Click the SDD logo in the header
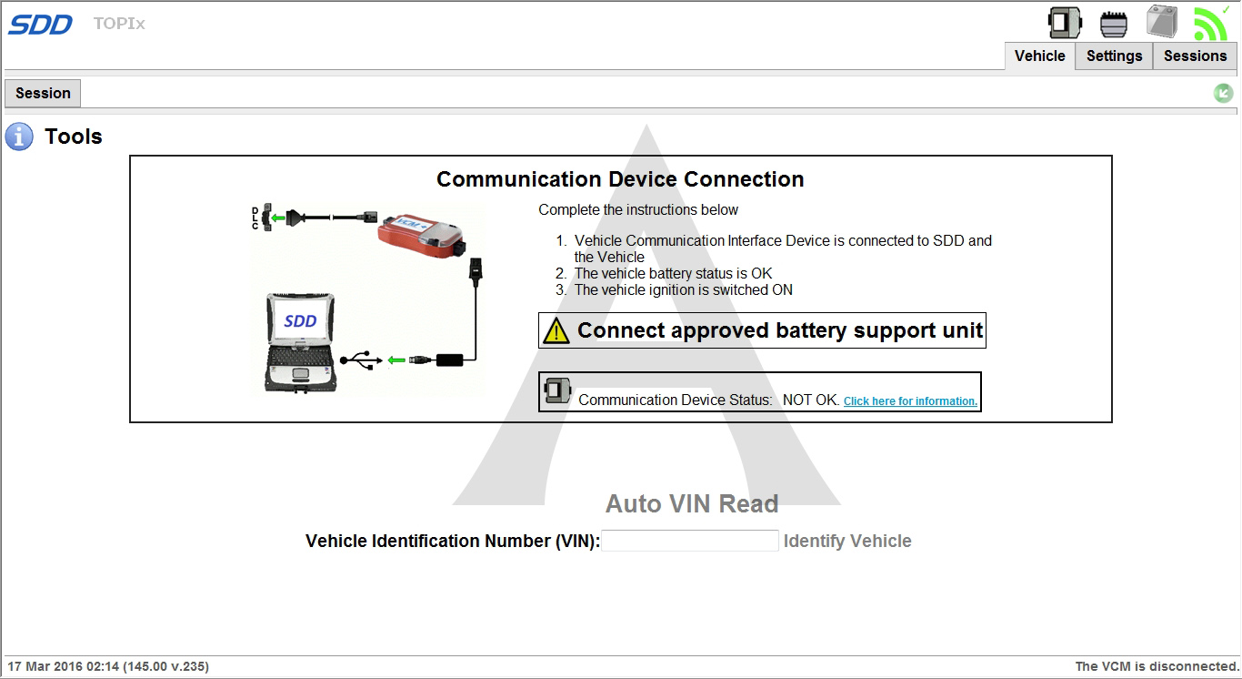coord(40,25)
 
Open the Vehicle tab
coord(1039,56)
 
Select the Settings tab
coord(1114,56)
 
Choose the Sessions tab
coord(1195,56)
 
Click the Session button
coord(43,93)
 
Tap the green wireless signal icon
coord(1210,23)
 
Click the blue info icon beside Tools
coord(19,137)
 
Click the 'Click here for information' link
coord(910,401)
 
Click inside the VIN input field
coord(689,541)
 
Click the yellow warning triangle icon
coord(556,331)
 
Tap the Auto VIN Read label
coord(692,504)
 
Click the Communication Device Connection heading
coord(620,179)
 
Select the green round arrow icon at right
coord(1223,93)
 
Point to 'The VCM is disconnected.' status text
coord(1157,666)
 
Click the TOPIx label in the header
coord(119,24)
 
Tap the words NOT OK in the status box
coord(810,400)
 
